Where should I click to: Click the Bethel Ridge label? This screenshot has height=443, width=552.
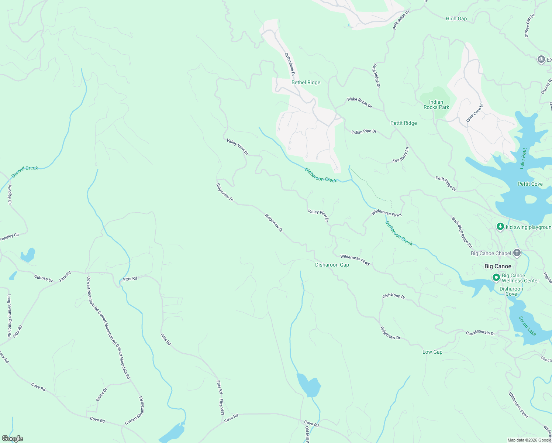point(306,82)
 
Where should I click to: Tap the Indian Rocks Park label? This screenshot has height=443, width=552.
point(436,104)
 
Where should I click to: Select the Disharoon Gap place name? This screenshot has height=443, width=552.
point(332,265)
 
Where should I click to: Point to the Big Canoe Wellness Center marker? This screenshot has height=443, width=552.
point(496,277)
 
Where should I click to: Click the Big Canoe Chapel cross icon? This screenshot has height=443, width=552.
point(517,253)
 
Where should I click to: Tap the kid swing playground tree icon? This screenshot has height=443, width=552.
point(500,227)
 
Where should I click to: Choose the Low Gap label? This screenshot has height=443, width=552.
point(432,352)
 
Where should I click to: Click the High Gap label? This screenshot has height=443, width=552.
point(456,18)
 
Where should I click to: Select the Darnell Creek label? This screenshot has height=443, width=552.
point(25,171)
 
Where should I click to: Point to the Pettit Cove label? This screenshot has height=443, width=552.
point(530,184)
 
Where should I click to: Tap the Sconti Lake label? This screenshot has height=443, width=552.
point(527,326)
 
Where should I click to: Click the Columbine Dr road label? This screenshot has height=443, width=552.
point(290,65)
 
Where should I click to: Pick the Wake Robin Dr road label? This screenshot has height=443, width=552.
point(359,102)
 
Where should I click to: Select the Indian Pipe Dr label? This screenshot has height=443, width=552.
point(364,131)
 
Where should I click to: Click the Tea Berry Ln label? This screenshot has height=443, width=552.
point(401,155)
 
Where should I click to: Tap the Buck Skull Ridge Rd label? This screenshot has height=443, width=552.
point(462,232)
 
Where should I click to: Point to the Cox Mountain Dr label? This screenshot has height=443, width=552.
point(480,333)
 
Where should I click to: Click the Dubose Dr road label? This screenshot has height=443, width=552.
point(44,278)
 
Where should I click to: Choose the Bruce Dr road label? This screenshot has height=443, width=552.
point(101,394)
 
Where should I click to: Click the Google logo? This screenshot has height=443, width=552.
point(13,439)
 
